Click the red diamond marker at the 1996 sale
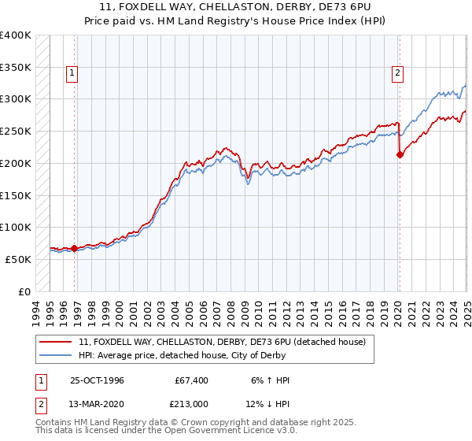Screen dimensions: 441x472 click(75, 248)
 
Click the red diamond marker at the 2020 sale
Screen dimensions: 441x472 click(400, 155)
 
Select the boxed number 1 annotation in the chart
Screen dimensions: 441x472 click(72, 73)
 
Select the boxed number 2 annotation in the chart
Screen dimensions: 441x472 click(398, 73)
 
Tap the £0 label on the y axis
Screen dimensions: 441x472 click(25, 291)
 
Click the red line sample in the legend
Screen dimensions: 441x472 click(57, 342)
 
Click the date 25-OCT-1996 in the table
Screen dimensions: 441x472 click(97, 380)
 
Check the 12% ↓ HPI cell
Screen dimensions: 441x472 click(268, 405)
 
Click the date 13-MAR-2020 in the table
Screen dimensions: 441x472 click(98, 405)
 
